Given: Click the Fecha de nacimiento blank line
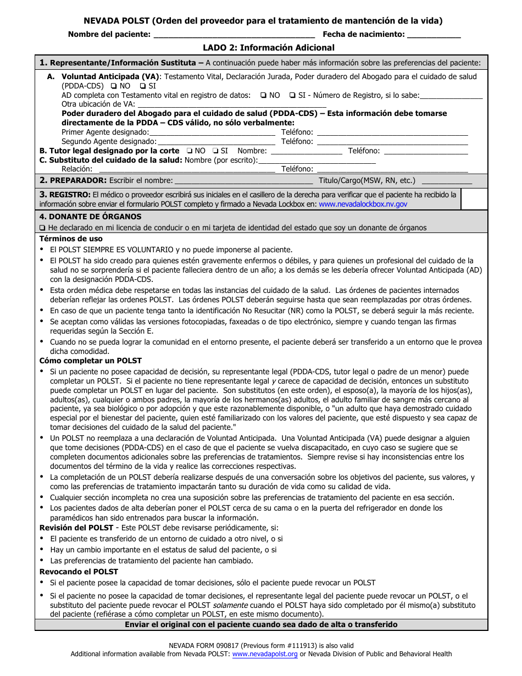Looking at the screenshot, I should click(434, 35).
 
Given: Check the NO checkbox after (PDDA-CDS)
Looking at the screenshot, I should click(113, 86).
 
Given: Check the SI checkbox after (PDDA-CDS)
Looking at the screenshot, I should click(143, 86).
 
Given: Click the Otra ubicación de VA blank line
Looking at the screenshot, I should click(231, 104).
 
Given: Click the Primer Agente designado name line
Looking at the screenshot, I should click(212, 132).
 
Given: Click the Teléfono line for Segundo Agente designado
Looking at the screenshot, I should click(392, 142).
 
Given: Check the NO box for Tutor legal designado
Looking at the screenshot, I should click(189, 151).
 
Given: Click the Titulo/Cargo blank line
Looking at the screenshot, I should click(446, 181).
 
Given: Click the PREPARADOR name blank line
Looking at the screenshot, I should click(243, 181).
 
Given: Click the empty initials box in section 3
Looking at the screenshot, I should click(474, 200).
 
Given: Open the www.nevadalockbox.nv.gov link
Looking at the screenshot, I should click(363, 204).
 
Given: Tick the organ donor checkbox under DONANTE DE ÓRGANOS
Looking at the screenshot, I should click(42, 228).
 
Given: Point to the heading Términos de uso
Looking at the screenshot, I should click(71, 239).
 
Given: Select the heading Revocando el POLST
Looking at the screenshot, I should click(79, 572).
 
